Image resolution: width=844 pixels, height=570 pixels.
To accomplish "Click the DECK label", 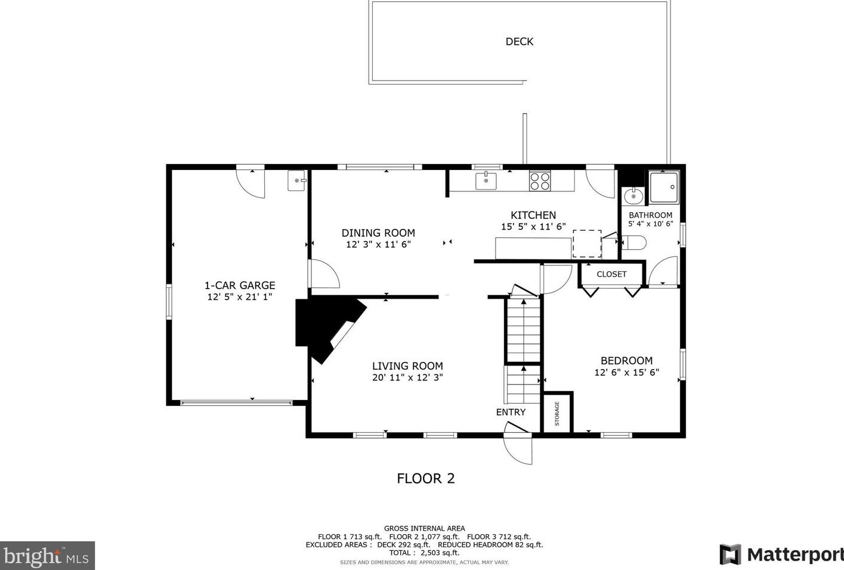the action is point(519,42).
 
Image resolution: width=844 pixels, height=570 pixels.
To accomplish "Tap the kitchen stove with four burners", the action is point(540,181).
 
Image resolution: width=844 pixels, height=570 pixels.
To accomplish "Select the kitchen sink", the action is point(486,181).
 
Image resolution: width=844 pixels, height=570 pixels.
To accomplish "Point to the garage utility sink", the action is point(297,181).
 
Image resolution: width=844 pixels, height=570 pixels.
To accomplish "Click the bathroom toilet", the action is point(633,243).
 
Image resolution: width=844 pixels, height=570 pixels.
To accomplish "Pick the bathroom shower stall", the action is point(664,187).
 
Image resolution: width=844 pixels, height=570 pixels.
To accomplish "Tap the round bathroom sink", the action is point(633,196).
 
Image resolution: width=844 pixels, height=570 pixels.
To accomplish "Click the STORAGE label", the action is point(557,414).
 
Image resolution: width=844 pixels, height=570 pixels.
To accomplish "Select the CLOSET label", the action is point(611,274).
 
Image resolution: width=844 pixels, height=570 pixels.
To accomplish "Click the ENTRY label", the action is point(511,412).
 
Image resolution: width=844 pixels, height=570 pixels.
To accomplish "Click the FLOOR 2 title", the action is point(426,478).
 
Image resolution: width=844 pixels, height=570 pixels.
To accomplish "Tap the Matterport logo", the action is point(781,554).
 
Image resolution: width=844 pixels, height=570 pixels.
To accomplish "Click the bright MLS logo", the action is point(47,556).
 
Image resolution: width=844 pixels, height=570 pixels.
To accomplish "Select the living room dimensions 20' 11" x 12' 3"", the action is point(407,377).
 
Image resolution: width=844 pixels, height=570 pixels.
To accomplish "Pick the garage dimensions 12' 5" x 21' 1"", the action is point(240,297).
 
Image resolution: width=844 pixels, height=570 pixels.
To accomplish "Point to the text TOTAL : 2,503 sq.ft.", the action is point(424,553).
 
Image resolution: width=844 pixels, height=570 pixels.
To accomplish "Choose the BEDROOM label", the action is point(627,361).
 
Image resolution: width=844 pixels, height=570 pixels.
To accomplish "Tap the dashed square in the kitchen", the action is point(587,244).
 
